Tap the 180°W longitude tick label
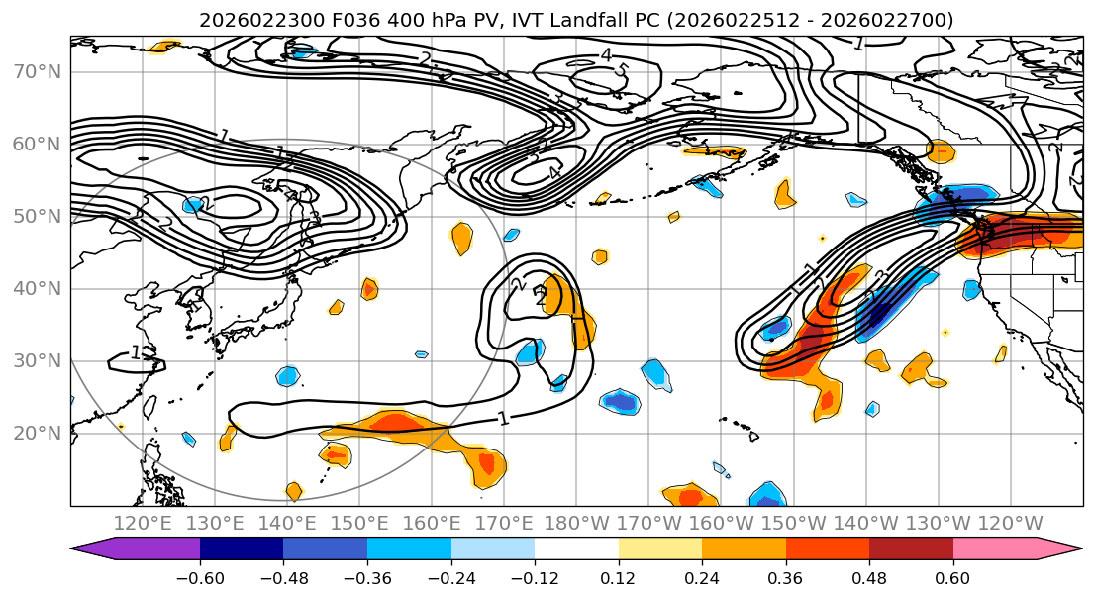click(577, 523)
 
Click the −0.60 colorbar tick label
click(200, 577)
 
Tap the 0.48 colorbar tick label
click(869, 577)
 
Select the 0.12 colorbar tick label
click(619, 577)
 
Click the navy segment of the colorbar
click(242, 549)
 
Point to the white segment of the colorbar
click(576, 549)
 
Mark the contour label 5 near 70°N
click(622, 71)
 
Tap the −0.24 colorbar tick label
click(451, 577)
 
